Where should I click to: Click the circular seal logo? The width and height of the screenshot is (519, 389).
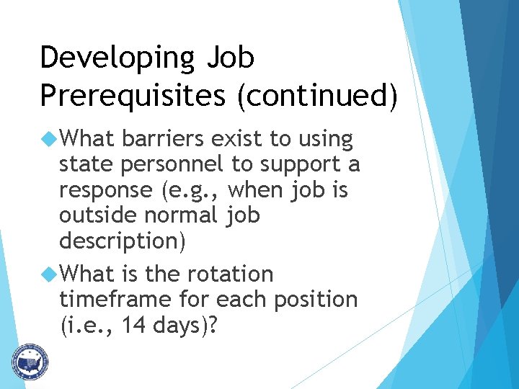[x=29, y=361]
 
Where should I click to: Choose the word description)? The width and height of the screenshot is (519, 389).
[x=123, y=241]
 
